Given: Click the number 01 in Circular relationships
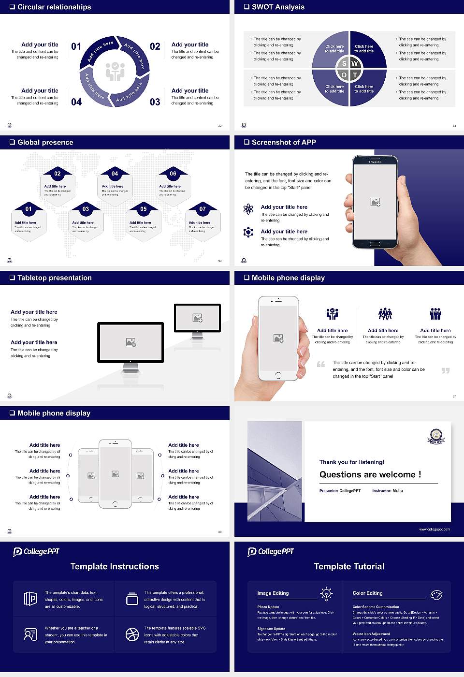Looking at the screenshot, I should tap(76, 46).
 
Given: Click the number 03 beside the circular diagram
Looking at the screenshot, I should tap(155, 102).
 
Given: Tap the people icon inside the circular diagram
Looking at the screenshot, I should tap(115, 72).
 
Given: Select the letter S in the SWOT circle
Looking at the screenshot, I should tap(344, 63).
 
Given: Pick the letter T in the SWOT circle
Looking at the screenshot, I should tap(355, 75).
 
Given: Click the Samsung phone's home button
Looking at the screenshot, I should tap(375, 245).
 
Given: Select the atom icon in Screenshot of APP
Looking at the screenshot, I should tap(248, 209).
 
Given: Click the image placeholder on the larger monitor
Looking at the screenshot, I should tap(130, 342).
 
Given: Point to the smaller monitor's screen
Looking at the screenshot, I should tap(197, 318).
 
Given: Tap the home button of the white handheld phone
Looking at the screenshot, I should tap(278, 375).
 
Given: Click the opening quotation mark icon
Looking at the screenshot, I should tap(321, 364).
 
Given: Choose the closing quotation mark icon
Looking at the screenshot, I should tap(446, 370).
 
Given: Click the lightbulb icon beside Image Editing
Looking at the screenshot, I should tap(326, 593).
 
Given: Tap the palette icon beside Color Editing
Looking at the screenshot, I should tap(436, 594).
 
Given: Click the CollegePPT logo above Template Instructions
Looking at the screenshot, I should tap(36, 551).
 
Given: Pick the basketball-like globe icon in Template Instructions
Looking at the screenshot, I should tap(132, 634).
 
